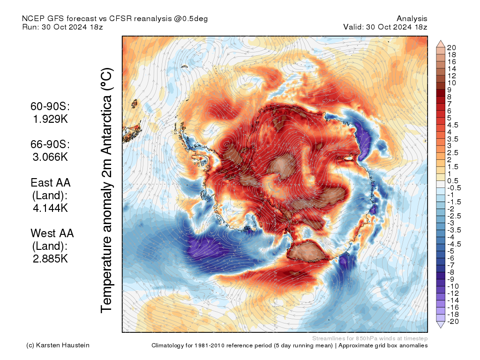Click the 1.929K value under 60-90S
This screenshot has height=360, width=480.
point(51,119)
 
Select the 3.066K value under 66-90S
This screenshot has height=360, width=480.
point(51,157)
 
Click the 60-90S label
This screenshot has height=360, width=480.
point(51,107)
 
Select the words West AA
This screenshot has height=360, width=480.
point(52,233)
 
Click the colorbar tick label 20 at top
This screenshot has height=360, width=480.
point(451,47)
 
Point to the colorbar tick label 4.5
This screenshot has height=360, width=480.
point(453,125)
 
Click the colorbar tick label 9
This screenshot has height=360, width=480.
point(449,90)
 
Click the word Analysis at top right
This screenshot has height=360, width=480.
point(412,19)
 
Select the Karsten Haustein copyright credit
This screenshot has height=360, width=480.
point(58,345)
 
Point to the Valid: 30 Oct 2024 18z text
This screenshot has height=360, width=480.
point(385,27)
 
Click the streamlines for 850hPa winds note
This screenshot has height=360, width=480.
point(369,338)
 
